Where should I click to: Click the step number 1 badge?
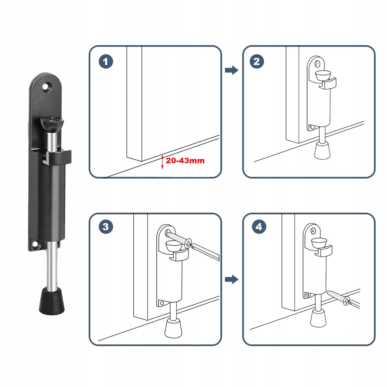click(106, 61)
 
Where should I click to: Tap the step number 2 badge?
click(257, 61)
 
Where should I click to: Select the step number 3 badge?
click(106, 227)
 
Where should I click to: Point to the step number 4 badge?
click(259, 227)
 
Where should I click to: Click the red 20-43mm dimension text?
click(185, 160)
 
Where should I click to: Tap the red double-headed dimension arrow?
click(162, 162)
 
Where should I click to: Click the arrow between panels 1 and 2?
click(232, 70)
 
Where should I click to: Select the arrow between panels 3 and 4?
click(232, 279)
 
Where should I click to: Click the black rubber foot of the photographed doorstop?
click(52, 301)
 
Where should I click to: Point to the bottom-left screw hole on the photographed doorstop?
click(34, 244)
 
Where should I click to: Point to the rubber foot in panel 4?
click(319, 318)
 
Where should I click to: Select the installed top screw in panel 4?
click(313, 231)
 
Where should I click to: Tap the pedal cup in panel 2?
click(323, 75)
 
